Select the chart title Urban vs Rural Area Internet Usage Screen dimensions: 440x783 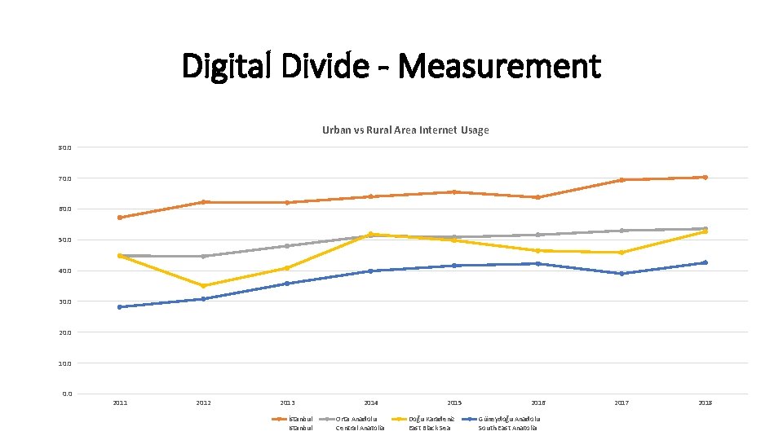(405, 130)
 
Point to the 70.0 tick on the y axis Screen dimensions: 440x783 (64, 178)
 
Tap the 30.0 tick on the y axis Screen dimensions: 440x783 (64, 301)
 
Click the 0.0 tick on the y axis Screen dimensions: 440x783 (66, 394)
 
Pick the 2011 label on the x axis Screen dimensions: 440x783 (120, 403)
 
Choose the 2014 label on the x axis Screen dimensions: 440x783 (371, 403)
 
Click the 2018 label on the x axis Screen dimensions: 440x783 (705, 403)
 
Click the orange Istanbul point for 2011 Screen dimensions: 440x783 (120, 218)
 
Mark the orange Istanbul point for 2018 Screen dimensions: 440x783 (705, 177)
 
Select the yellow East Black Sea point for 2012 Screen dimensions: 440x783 (204, 286)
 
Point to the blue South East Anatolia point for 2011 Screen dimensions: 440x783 (120, 307)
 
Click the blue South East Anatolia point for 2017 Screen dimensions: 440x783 (622, 274)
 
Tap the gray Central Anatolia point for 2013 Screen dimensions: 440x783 (287, 246)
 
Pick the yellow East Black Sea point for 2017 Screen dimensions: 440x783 (622, 253)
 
